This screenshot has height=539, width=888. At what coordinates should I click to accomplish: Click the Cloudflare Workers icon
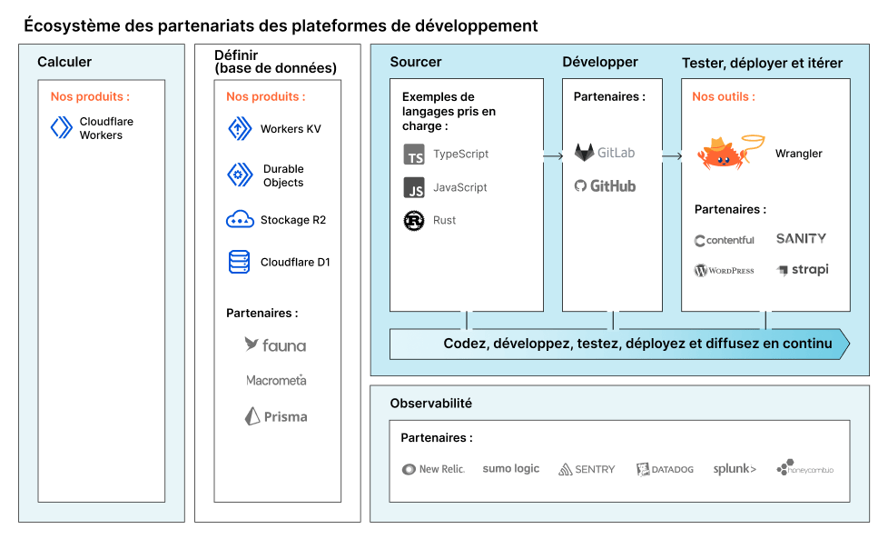coord(62,127)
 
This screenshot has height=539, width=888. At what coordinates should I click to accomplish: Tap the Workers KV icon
coord(240,129)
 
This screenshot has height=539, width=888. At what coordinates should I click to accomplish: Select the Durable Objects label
coord(283,175)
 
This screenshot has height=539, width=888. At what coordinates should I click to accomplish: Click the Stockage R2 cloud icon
coord(240,219)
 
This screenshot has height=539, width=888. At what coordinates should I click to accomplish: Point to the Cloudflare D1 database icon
coord(239,262)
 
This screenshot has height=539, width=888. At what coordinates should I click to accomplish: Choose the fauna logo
coord(275,344)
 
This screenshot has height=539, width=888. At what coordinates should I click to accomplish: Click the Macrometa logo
coord(276,380)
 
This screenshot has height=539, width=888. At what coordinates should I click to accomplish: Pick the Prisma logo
coord(276,416)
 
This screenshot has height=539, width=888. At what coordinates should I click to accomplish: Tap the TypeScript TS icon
coord(414,155)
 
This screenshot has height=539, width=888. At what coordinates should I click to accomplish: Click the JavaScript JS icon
coord(414,187)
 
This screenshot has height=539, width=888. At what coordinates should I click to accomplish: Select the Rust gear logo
coord(414,221)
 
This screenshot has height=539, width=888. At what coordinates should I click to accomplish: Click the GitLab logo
coord(605,153)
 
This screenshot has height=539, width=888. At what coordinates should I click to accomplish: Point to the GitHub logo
coord(605,186)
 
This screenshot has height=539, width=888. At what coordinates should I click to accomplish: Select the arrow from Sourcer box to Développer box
coord(553,155)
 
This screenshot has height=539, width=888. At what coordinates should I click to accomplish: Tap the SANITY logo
coord(801,239)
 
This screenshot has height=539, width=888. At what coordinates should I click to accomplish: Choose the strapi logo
coord(803,270)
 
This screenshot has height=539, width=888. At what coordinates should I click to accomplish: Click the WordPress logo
coord(725,270)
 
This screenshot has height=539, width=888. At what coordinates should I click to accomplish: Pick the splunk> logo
coord(735,469)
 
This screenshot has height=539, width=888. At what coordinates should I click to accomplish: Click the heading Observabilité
coord(431,403)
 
